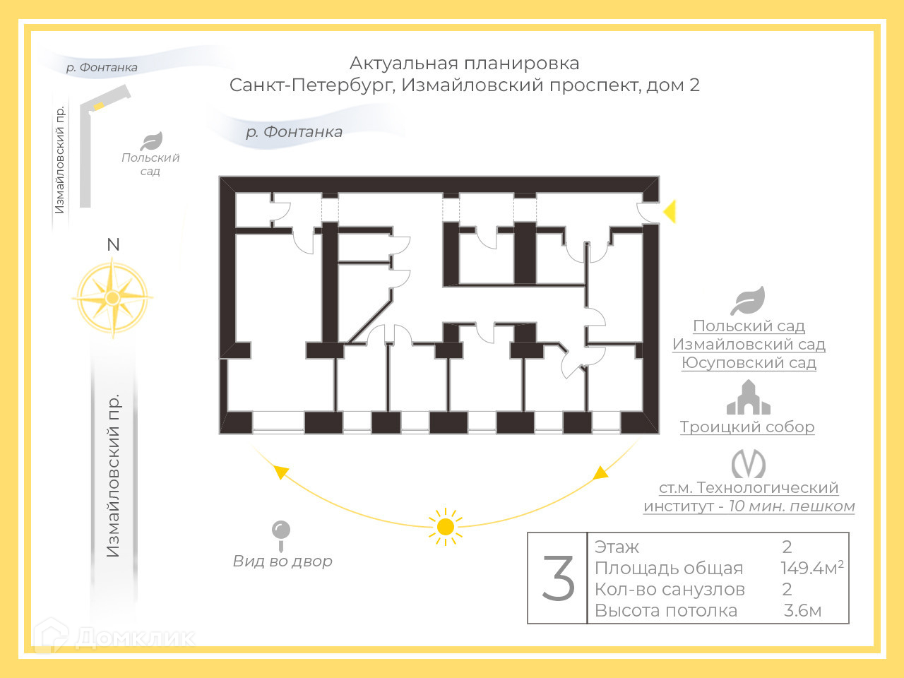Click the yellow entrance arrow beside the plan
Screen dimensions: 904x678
click(670, 211)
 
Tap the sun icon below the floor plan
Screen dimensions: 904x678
click(445, 526)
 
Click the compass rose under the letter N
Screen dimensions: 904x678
click(112, 298)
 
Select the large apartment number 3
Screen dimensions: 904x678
click(558, 578)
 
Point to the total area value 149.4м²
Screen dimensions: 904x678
click(811, 568)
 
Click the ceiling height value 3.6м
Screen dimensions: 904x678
click(802, 611)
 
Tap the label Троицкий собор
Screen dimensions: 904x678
click(747, 427)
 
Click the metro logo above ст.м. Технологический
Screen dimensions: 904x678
click(748, 464)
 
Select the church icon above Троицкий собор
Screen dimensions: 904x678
click(748, 398)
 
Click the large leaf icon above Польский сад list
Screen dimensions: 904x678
click(748, 301)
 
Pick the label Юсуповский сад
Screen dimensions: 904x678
click(749, 363)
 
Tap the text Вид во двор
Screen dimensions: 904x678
click(282, 561)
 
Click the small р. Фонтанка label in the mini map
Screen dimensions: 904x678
click(102, 68)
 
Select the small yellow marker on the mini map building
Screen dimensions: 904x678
click(100, 106)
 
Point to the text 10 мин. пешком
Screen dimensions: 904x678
click(792, 506)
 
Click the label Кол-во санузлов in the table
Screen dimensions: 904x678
click(670, 590)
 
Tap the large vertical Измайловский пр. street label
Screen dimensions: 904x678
click(113, 475)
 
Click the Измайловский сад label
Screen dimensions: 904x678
click(749, 345)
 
